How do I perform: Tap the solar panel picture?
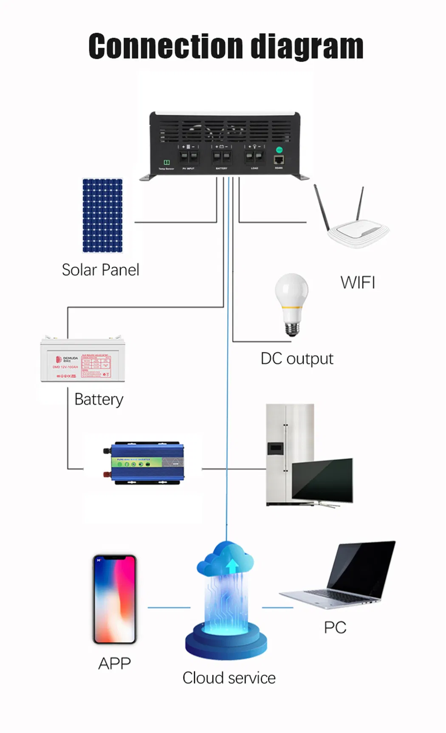102,215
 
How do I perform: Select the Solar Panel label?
100,270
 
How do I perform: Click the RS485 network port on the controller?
279,160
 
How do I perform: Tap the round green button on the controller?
279,150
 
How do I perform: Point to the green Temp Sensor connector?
167,162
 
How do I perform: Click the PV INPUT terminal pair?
189,156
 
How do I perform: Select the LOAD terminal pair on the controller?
254,156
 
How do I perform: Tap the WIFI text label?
358,283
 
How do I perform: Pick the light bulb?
291,303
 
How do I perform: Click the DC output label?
297,359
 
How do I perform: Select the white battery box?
82,359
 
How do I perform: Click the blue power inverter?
144,463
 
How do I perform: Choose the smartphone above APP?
115,599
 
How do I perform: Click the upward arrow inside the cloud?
232,566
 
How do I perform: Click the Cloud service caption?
229,678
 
